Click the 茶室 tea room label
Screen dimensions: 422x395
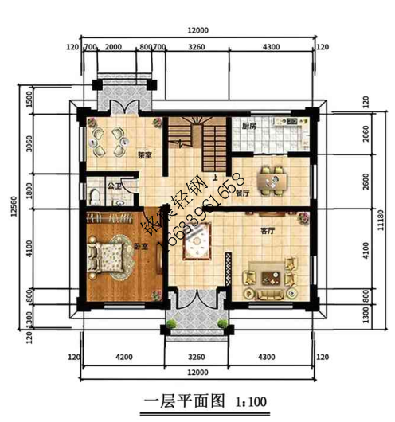(x=144, y=155)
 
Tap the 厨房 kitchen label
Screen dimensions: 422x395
(x=248, y=126)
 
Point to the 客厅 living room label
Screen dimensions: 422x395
(x=268, y=230)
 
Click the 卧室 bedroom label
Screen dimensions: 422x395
(x=142, y=247)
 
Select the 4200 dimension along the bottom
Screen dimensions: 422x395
(x=123, y=358)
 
